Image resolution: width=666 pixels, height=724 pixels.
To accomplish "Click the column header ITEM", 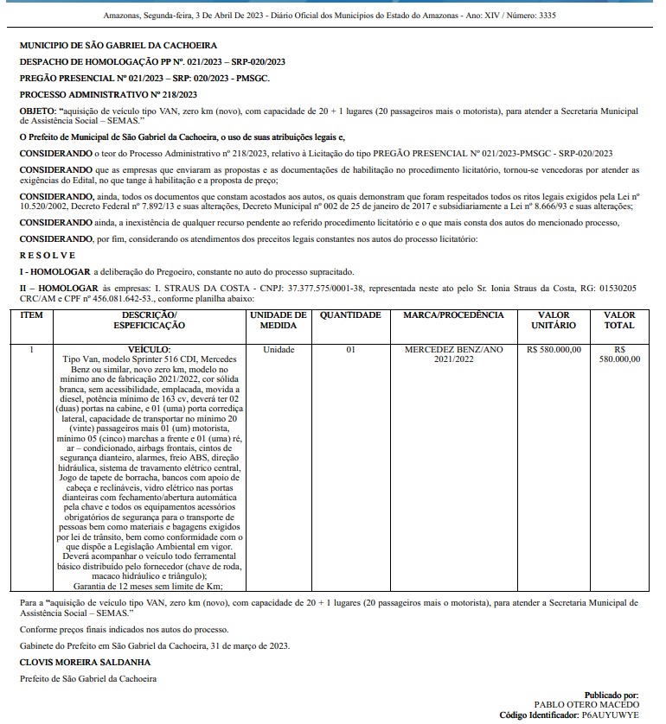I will pyautogui.click(x=31, y=315).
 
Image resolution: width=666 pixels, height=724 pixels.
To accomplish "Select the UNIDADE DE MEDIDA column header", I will pyautogui.click(x=279, y=321).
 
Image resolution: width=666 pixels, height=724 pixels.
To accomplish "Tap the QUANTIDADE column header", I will pyautogui.click(x=350, y=315).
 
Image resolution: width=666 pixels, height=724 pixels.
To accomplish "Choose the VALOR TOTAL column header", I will pyautogui.click(x=619, y=321).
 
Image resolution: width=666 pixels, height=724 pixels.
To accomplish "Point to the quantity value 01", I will pyautogui.click(x=350, y=350).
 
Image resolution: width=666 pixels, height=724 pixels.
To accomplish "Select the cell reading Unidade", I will pyautogui.click(x=279, y=350).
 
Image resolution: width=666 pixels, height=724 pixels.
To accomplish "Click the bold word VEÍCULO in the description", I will pyautogui.click(x=149, y=349).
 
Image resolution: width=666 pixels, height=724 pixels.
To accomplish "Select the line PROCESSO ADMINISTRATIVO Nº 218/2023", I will pyautogui.click(x=108, y=94).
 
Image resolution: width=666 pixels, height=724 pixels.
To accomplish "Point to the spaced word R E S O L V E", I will pyautogui.click(x=48, y=255).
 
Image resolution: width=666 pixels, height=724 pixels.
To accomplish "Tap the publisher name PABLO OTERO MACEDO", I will pyautogui.click(x=587, y=704).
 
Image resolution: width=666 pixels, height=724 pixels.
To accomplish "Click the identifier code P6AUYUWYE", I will pyautogui.click(x=610, y=715).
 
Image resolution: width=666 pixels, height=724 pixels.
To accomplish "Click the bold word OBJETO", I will pyautogui.click(x=37, y=111).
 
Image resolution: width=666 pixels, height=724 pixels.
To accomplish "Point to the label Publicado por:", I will pyautogui.click(x=611, y=694).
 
